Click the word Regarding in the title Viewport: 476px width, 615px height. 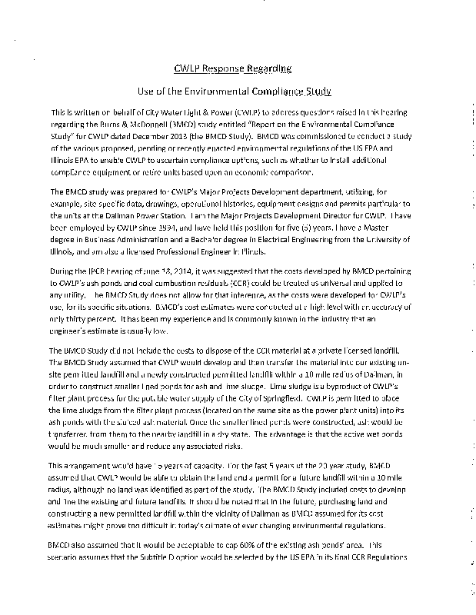pyautogui.click(x=269, y=68)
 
